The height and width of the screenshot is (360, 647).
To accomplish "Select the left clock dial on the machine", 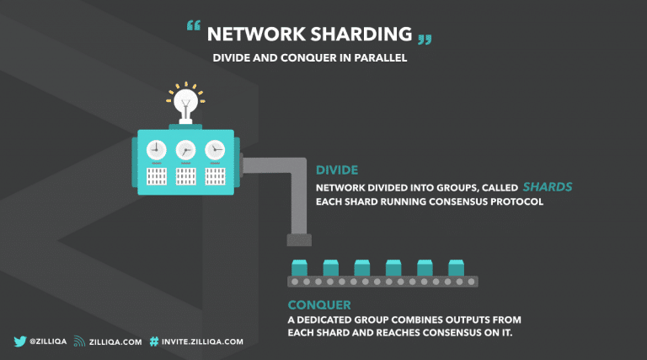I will [156, 150].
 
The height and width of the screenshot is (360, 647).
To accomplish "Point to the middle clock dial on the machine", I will [185, 150].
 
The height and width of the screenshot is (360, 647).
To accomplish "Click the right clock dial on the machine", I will [216, 150].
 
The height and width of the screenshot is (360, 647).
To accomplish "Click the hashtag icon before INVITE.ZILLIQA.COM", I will [154, 341].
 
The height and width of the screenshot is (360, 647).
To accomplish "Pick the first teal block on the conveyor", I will [298, 267].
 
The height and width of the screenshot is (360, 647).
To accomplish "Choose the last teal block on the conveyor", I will [456, 267].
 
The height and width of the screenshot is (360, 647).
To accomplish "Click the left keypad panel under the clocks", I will [156, 176].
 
